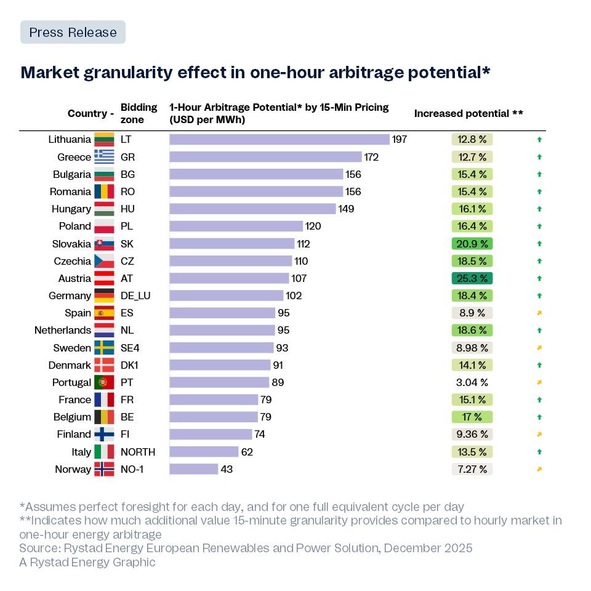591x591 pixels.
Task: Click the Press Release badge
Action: point(73,32)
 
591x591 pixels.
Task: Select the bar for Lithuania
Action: point(279,140)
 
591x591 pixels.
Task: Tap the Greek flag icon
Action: point(103,157)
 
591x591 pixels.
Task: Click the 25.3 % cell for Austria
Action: point(472,278)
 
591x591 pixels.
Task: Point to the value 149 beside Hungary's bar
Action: point(346,209)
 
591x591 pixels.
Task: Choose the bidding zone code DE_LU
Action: point(135,295)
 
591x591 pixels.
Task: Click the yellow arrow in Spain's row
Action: point(539,313)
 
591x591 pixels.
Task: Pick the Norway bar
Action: point(194,469)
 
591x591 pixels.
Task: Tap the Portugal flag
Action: point(103,382)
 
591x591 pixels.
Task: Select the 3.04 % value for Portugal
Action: point(472,382)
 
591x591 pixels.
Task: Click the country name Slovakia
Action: point(71,244)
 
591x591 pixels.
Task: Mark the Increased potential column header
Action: point(468,114)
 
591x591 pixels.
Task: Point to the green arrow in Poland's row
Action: point(539,227)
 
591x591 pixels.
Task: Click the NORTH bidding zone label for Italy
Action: point(138,452)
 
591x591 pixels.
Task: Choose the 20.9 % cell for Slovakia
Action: point(472,244)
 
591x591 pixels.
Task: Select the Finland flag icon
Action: point(103,435)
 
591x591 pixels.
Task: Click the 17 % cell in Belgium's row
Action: point(472,417)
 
